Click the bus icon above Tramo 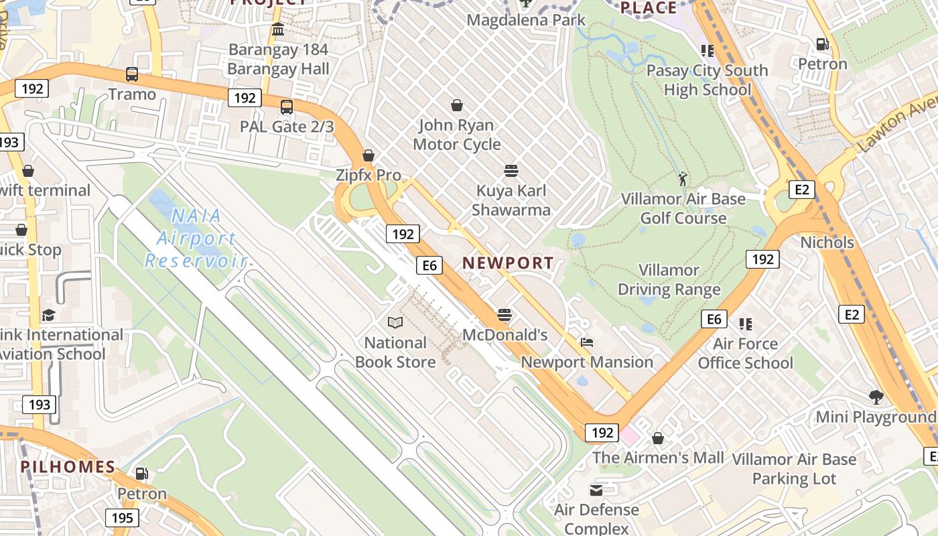coord(132,74)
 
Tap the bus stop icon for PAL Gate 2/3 coord(287,107)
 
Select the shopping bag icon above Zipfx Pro coord(368,156)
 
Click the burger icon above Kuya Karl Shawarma coord(511,171)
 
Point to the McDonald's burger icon coord(505,315)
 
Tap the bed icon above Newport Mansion coord(587,342)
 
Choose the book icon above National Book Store coord(395,323)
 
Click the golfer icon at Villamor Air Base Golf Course coord(683,179)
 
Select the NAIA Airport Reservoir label coord(196,238)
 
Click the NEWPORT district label coord(508,263)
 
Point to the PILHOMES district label coord(68,467)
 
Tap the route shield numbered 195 coord(122,518)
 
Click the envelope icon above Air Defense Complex coord(596,490)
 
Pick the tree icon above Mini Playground coord(875,397)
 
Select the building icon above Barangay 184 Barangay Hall coord(278,29)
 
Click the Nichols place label coord(827,243)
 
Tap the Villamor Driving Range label coord(669,280)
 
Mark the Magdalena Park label coord(526,20)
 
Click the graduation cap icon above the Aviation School coord(48,316)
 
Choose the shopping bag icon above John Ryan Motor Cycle coord(457,105)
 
